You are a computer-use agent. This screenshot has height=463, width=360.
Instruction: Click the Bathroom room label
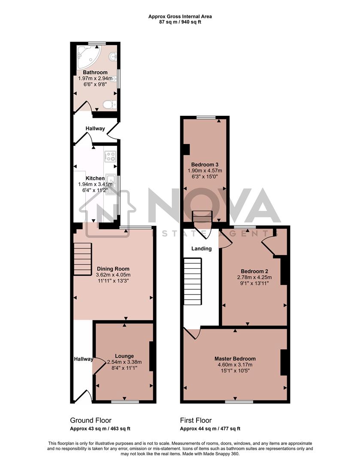tap(95, 72)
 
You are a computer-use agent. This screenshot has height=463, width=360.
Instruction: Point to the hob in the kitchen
tap(110, 156)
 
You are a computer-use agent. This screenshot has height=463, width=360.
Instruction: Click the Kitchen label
tap(95, 178)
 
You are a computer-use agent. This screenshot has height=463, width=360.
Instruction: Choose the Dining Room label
tap(113, 269)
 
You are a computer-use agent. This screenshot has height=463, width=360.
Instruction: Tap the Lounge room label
tap(124, 356)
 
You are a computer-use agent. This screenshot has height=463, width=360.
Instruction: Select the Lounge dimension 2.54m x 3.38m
tap(124, 362)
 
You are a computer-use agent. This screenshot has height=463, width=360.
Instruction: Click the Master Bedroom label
tap(235, 359)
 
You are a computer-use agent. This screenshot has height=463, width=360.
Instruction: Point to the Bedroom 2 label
tap(254, 271)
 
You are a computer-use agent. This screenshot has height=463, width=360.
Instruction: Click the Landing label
tap(201, 249)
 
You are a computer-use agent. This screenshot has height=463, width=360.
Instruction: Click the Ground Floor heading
tap(91, 421)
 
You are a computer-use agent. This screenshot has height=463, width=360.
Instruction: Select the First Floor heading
tap(196, 421)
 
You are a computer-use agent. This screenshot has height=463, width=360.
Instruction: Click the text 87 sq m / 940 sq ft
tap(180, 22)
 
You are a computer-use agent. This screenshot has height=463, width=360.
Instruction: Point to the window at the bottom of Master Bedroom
tap(236, 402)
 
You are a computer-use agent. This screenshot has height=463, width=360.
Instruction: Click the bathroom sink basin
tap(113, 56)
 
